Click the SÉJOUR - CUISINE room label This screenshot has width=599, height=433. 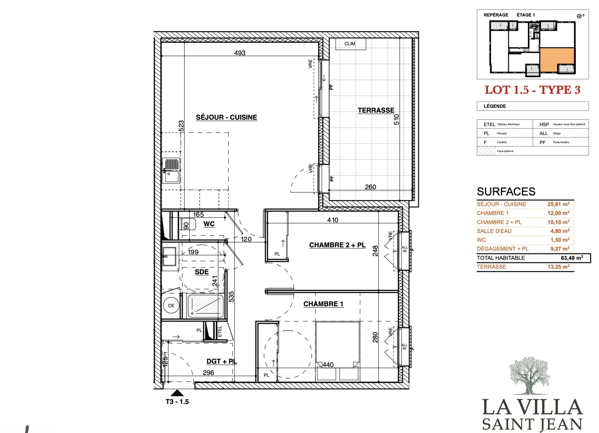coord(226,117)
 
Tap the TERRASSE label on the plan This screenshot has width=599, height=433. coord(376,110)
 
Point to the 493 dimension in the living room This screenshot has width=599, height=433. coord(240,53)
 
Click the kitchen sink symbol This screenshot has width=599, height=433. coord(171,171)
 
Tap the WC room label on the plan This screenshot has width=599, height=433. coord(209,224)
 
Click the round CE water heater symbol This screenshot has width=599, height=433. coord(171,305)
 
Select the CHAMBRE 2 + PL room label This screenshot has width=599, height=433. coord(337,245)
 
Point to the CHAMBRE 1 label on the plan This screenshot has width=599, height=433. coord(323,304)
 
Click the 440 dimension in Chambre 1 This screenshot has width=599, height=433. coord(328,365)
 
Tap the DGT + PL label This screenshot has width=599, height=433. coord(222,361)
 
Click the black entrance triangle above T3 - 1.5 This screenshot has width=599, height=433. coord(177,393)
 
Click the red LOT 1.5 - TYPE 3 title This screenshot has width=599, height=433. coord(533,90)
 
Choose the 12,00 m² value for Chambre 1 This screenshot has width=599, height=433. coord(558,213)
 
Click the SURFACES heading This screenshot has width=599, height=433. coord(506,192)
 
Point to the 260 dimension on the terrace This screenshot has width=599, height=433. coord(370,187)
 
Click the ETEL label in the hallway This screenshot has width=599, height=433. coord(220,331)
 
